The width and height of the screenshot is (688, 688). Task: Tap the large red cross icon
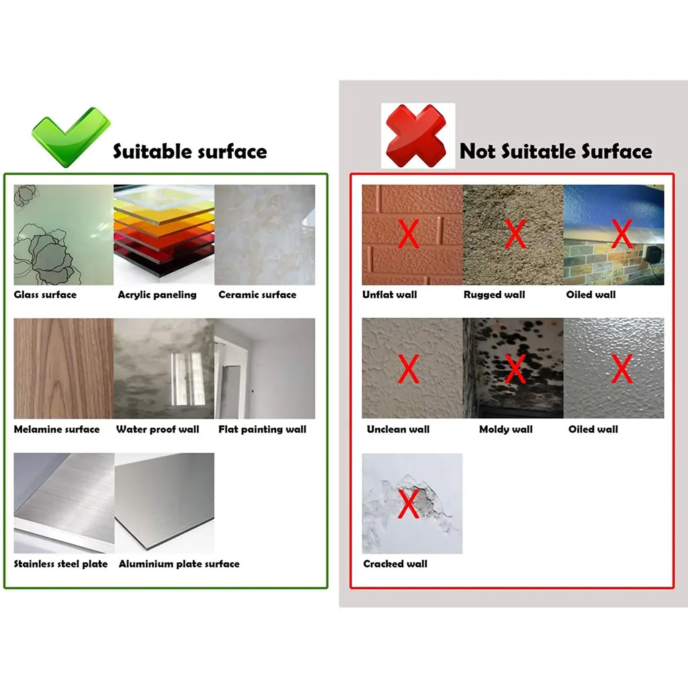[x=416, y=136]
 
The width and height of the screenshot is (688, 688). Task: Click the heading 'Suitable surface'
[x=190, y=152]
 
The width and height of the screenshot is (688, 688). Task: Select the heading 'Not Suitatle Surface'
[x=556, y=151]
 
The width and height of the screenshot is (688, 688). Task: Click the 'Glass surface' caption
[x=45, y=295]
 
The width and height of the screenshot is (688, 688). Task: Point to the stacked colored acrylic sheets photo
[x=164, y=234]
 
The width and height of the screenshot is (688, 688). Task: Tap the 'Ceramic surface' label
[x=257, y=295]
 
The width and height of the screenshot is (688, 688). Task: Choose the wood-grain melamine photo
[x=64, y=369]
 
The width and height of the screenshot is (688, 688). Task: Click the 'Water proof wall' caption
[x=157, y=429]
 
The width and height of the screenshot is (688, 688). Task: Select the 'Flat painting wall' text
[x=263, y=429]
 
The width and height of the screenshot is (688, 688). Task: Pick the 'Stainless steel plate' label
[x=60, y=564]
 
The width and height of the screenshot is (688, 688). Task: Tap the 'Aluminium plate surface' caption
[x=179, y=564]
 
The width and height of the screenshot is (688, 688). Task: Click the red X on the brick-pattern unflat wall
[x=408, y=234]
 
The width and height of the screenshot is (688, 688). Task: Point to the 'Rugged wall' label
[x=494, y=295]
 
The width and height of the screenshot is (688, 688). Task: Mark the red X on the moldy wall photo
[x=515, y=369]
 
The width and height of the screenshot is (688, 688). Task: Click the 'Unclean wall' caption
[x=398, y=429]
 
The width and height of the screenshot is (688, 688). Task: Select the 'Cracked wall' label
[x=395, y=564]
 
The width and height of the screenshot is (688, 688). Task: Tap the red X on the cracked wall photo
[x=408, y=504]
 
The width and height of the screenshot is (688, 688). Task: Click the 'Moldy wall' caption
[x=505, y=429]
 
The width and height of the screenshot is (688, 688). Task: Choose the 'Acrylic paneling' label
[x=157, y=295]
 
